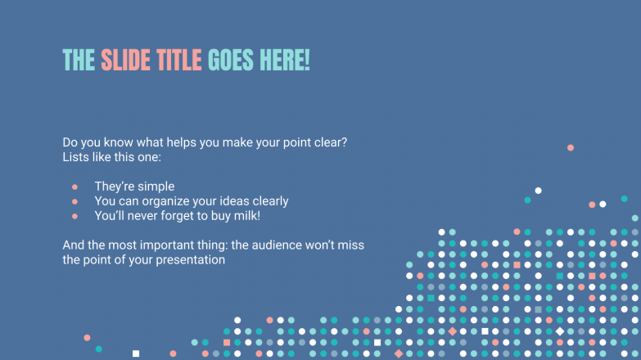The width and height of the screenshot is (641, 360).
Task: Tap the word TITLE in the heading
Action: coord(177,60)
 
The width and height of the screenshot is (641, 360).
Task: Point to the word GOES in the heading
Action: coord(232,60)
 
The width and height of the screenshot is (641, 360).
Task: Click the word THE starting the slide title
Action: coord(79,60)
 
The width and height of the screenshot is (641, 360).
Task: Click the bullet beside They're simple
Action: coord(74,187)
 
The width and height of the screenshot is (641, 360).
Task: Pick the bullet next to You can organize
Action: coord(74,201)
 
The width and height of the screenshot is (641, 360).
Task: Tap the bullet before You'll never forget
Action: coord(74,216)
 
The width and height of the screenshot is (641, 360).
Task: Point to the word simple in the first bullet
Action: coord(156,187)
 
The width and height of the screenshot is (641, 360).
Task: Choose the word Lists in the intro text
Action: coord(77,156)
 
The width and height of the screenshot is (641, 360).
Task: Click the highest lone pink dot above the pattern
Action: coord(571,147)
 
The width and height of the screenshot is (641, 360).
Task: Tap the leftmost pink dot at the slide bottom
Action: coord(87,337)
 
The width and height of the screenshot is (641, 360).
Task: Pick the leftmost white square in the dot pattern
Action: coord(136,353)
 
